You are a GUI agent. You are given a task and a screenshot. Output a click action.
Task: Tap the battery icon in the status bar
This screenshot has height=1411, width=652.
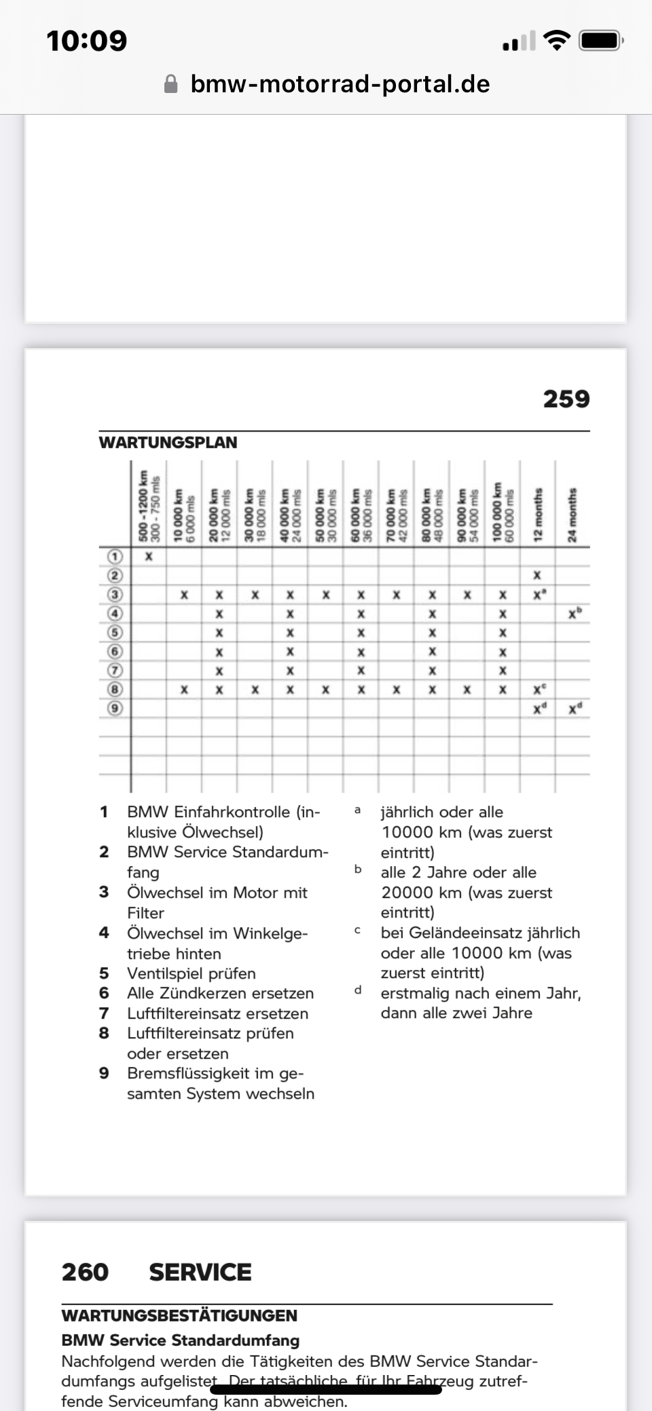pos(600,41)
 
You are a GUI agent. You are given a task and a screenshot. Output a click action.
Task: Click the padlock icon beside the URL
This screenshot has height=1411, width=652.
pos(171,84)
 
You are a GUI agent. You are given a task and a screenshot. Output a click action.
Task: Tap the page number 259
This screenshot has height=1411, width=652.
pos(566,399)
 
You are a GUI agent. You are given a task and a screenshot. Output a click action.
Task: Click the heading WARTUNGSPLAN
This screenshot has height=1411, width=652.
pos(168,443)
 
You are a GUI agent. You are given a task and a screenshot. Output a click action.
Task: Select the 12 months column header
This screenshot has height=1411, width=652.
pos(538,514)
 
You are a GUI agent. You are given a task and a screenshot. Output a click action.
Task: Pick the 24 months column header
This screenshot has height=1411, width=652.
pos(573,514)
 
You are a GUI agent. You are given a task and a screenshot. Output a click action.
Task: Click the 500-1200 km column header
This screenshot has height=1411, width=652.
pos(149,506)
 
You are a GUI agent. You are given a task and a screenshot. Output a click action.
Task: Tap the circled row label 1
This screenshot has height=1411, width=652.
pos(115,557)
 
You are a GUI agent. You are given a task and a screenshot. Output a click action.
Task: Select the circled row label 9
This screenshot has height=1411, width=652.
pos(115,709)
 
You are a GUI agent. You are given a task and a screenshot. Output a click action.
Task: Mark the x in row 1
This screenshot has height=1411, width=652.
pos(149,557)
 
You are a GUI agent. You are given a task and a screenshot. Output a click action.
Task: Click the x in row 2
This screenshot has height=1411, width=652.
pos(537,576)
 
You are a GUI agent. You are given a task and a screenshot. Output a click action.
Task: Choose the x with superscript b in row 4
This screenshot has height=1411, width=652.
pos(575,614)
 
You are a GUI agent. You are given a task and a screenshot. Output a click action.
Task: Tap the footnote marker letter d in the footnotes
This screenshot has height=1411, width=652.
pos(357,990)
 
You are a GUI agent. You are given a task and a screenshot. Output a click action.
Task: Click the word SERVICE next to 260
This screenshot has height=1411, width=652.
pos(200,1272)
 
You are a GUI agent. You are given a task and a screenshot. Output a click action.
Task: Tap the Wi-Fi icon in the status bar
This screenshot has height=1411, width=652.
pos(558,41)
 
